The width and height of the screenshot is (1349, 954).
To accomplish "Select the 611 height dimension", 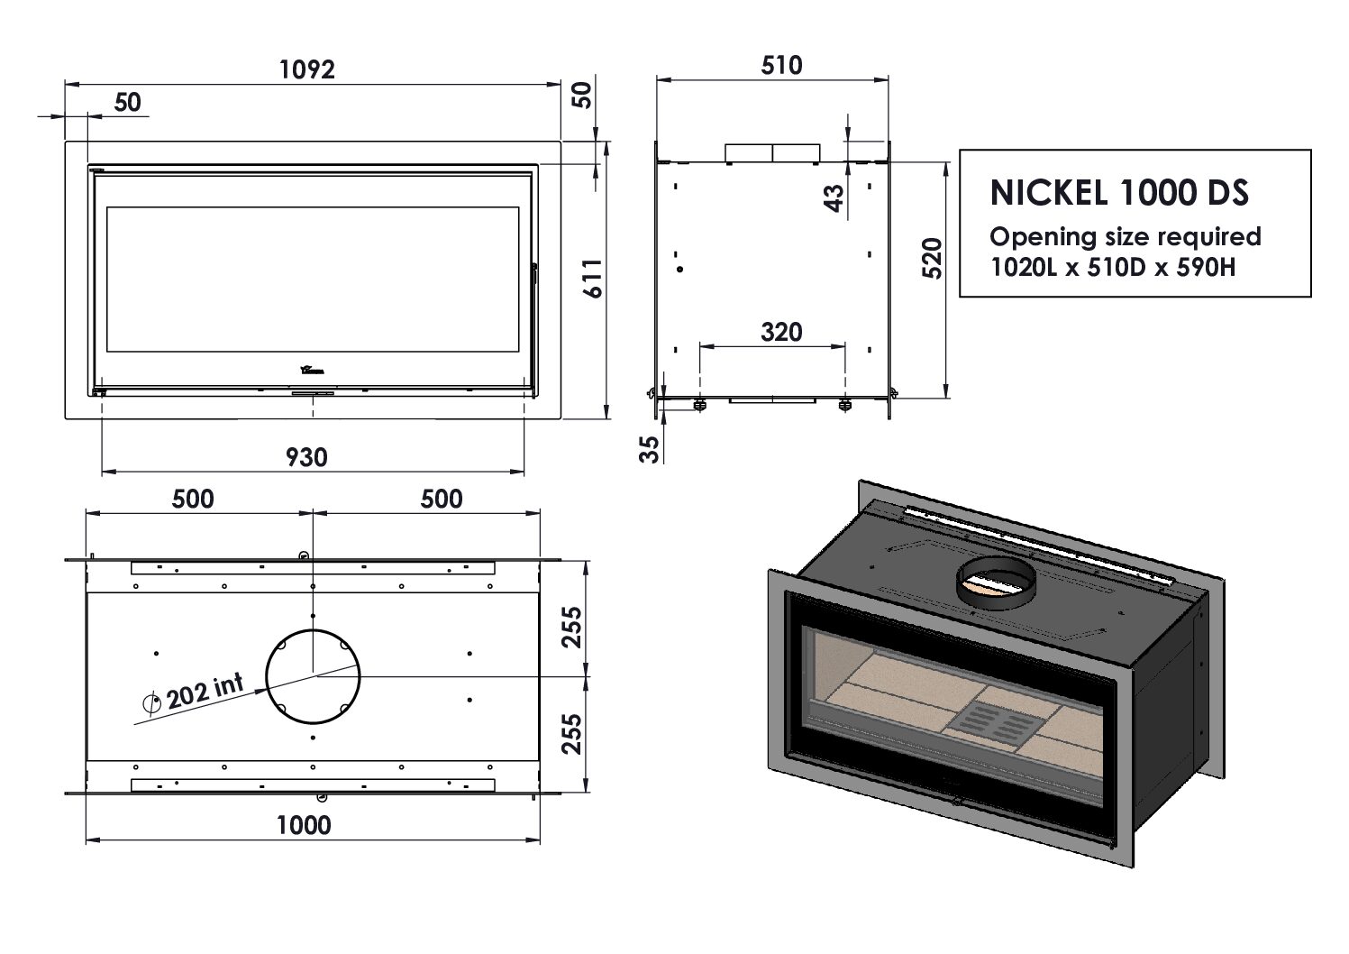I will click(x=592, y=280).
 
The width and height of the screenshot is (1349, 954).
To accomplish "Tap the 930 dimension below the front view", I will click(x=306, y=457).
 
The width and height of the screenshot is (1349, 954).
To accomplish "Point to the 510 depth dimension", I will click(x=780, y=65).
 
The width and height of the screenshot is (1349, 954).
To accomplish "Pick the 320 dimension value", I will click(x=780, y=332).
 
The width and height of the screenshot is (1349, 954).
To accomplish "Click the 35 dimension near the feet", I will click(x=650, y=447).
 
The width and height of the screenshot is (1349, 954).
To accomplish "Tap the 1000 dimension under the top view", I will click(x=304, y=825).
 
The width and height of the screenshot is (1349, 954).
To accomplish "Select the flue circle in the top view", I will click(x=313, y=675).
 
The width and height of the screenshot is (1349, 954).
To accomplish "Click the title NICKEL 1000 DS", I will click(x=1119, y=193).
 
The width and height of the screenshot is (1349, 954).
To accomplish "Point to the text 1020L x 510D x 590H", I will click(x=1112, y=268).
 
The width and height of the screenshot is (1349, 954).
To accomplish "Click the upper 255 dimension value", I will click(x=571, y=628).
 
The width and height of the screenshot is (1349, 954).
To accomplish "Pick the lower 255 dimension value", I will click(x=571, y=734).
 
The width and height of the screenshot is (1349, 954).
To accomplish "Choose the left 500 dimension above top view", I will click(x=193, y=499).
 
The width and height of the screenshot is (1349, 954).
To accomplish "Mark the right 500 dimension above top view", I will click(x=441, y=499).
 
